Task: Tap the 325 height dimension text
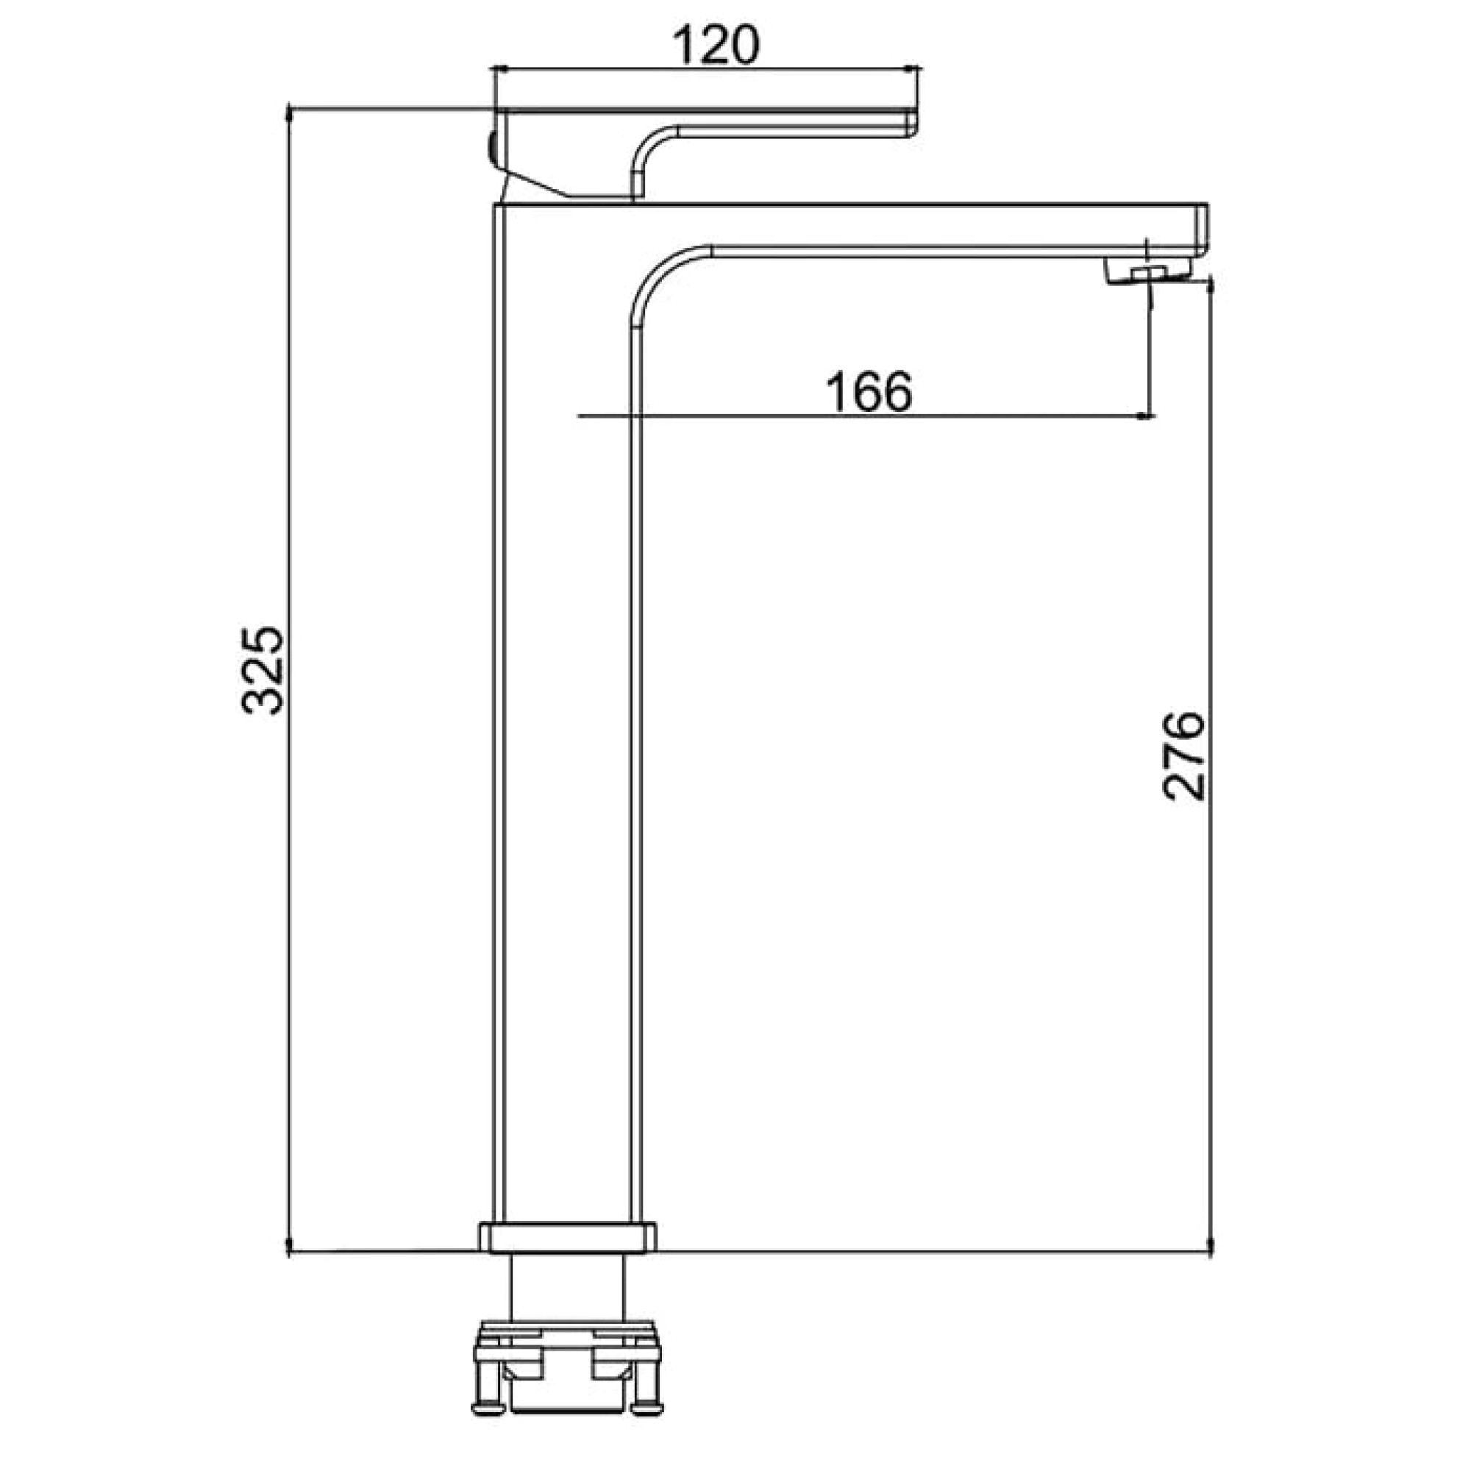[263, 671]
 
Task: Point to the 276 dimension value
[1183, 756]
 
